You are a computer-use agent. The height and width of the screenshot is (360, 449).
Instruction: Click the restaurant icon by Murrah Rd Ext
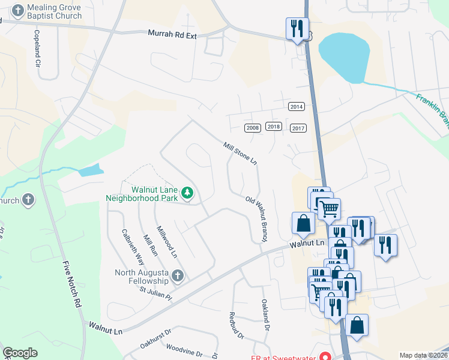(x=297, y=29)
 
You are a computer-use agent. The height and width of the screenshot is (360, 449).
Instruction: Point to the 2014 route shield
(x=297, y=107)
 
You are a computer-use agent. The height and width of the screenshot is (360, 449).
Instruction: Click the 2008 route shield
(x=253, y=128)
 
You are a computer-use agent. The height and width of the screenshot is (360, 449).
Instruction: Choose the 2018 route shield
(x=273, y=127)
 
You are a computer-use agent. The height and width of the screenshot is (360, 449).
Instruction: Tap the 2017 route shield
(x=298, y=128)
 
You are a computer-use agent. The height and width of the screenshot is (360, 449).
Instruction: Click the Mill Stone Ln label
(x=240, y=154)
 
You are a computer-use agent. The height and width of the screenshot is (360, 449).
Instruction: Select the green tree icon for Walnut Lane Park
(x=188, y=193)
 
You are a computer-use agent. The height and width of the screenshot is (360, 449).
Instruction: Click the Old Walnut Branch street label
(x=256, y=219)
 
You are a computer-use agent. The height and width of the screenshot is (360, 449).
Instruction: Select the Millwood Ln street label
(x=167, y=242)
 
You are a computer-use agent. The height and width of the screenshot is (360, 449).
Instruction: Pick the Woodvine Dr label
(x=184, y=350)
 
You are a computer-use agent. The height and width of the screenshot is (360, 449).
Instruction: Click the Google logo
(x=20, y=353)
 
